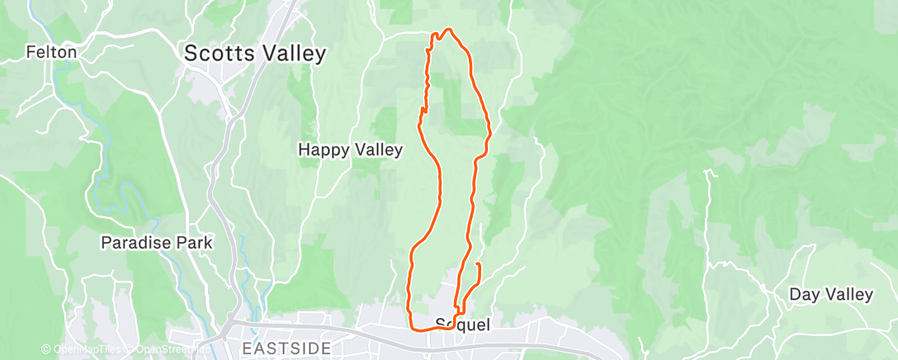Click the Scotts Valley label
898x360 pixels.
point(255,54)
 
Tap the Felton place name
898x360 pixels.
point(51,52)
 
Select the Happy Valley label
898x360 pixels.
point(350,150)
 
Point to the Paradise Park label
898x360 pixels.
point(156,244)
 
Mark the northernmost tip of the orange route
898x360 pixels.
point(449,30)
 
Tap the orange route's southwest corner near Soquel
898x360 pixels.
point(411,328)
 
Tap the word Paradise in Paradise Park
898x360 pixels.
point(135,244)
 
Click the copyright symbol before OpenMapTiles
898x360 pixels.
point(46,349)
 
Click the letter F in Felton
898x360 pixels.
point(30,52)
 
